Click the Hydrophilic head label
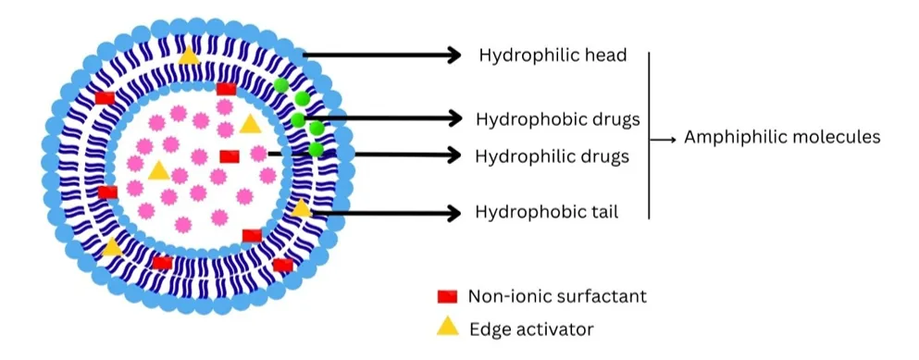(x=553, y=56)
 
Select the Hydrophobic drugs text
(x=557, y=119)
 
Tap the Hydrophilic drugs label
(x=553, y=156)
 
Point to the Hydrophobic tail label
(x=547, y=212)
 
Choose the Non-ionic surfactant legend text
(x=557, y=296)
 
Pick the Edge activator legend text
(x=531, y=329)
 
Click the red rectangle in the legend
(x=447, y=297)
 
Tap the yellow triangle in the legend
(x=448, y=326)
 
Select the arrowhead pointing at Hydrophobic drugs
(x=454, y=118)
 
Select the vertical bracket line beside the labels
(x=649, y=135)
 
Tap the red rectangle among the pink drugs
(x=230, y=156)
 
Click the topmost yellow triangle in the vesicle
(x=189, y=56)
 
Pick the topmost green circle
(x=281, y=85)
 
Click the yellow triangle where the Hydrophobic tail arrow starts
(x=302, y=208)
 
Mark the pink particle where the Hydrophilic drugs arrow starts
(x=258, y=154)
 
